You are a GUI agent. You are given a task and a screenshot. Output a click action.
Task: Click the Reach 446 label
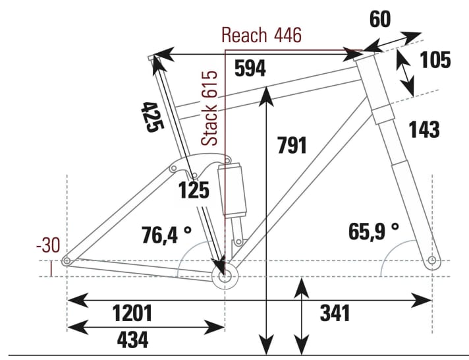pyautogui.click(x=262, y=35)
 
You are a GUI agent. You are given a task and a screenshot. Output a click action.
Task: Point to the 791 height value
pyautogui.click(x=292, y=144)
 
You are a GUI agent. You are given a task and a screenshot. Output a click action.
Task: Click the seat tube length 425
pyautogui.click(x=150, y=116)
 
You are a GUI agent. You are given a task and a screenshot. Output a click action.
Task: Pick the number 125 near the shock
pyautogui.click(x=194, y=191)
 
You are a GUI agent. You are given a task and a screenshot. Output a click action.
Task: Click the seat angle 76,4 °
pyautogui.click(x=167, y=233)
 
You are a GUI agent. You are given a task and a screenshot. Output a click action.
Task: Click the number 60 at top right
pyautogui.click(x=379, y=19)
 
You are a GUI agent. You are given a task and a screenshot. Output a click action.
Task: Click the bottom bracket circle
pyautogui.click(x=225, y=276)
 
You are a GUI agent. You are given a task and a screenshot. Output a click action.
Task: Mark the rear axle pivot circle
pyautogui.click(x=67, y=262)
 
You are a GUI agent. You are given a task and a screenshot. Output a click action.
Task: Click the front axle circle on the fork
pyautogui.click(x=432, y=261)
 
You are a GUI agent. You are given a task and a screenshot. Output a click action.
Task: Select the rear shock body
pyautogui.click(x=234, y=191)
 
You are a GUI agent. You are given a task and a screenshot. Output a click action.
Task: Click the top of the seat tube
pyautogui.click(x=153, y=59)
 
